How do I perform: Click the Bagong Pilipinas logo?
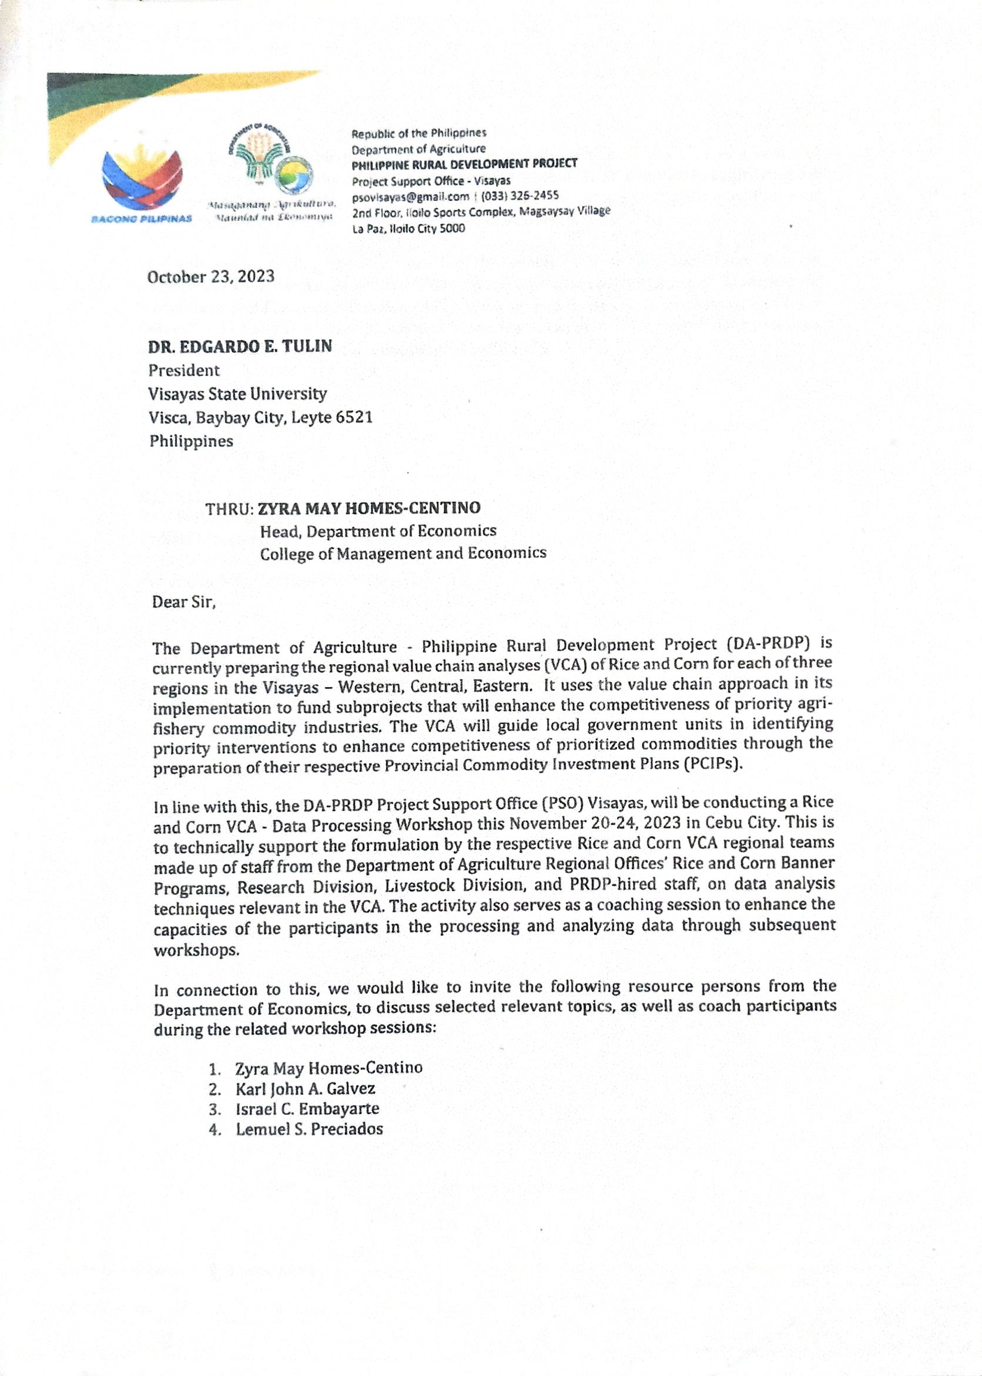142,181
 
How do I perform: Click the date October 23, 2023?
210,277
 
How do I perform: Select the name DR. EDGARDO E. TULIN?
240,346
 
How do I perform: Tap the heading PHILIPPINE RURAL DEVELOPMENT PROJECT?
464,164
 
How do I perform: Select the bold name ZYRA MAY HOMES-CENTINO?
369,507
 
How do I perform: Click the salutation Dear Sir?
184,603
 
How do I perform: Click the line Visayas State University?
237,394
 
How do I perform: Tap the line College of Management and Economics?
403,554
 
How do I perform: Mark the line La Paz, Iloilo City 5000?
409,228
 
